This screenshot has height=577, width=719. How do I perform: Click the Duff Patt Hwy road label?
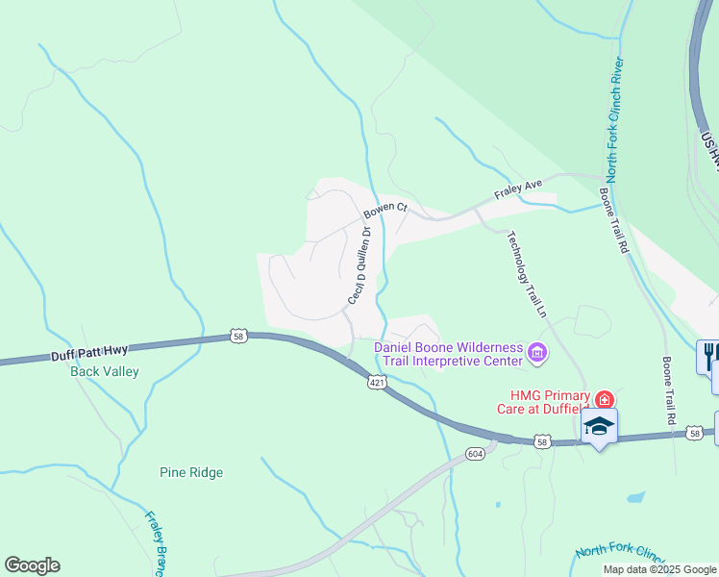(88, 354)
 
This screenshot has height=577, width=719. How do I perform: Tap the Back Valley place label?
(105, 371)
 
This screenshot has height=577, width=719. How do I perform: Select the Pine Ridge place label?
(190, 472)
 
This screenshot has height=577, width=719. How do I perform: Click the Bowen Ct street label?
(385, 208)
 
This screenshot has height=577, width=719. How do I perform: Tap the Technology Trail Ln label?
(526, 275)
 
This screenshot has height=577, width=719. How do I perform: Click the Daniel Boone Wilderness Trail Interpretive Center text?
(449, 354)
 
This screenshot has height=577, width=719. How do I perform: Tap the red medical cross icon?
(604, 398)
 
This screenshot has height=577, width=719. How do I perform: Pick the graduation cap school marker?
(599, 426)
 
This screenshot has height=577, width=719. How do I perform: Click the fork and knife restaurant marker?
(709, 355)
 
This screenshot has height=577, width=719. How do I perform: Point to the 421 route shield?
(378, 382)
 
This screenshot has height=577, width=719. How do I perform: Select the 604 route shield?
(475, 453)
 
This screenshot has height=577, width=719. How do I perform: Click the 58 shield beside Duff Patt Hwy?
(239, 336)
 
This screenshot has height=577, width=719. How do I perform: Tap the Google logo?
(32, 565)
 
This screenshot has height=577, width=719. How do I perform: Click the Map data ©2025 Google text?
(659, 569)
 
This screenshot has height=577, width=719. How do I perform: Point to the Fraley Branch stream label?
(157, 541)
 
